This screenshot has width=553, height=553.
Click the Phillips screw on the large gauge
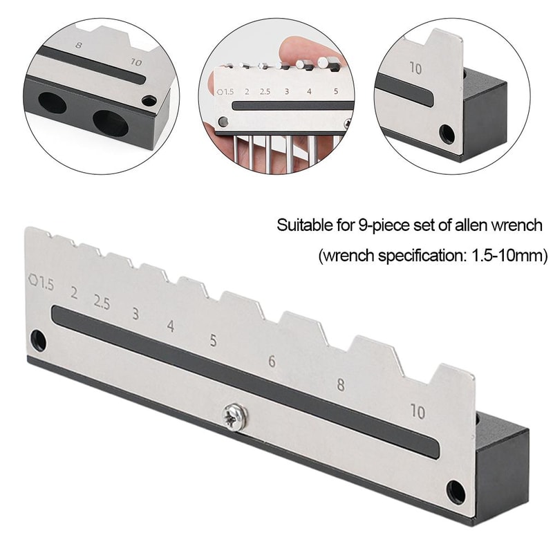tap(234, 417)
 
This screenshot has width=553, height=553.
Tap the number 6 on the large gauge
tap(272, 362)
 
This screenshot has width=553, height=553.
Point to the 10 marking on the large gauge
tap(418, 412)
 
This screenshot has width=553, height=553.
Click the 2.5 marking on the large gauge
tap(102, 302)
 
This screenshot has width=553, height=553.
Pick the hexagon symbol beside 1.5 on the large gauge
tap(32, 281)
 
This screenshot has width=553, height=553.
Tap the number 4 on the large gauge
tap(170, 326)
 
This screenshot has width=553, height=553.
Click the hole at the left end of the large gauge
tap(39, 340)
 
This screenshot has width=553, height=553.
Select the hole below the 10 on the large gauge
tap(456, 491)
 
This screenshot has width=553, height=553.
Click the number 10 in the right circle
tap(416, 68)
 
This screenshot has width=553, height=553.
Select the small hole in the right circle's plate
tap(447, 131)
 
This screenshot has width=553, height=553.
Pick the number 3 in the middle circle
tap(285, 91)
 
